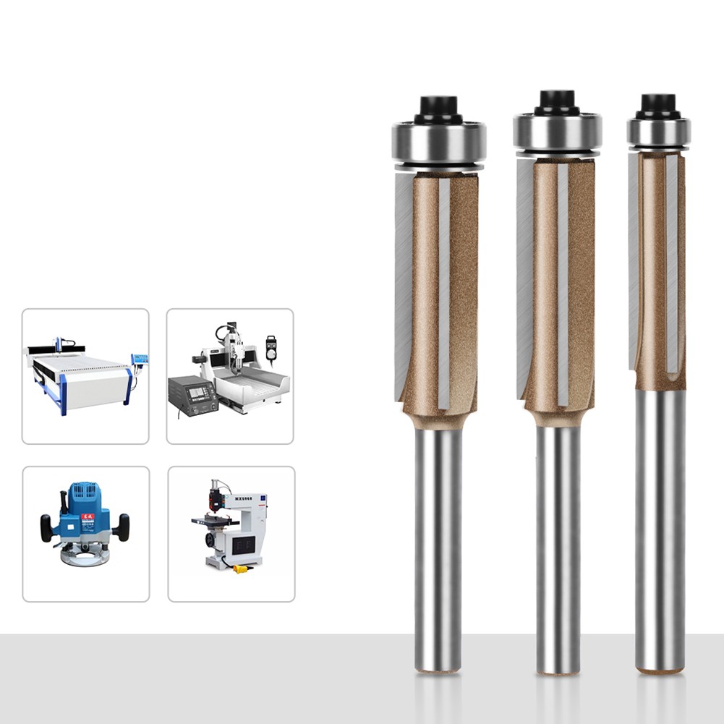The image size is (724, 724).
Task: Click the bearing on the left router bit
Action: pos(438,142)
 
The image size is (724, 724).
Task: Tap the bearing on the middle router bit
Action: pos(558,131)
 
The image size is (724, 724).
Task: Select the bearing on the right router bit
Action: pos(658,131)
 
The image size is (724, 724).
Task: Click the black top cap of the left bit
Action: pos(438,109)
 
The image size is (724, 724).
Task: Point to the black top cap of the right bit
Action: pos(658,104)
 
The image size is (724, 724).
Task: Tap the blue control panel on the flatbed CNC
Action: pos(140,359)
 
